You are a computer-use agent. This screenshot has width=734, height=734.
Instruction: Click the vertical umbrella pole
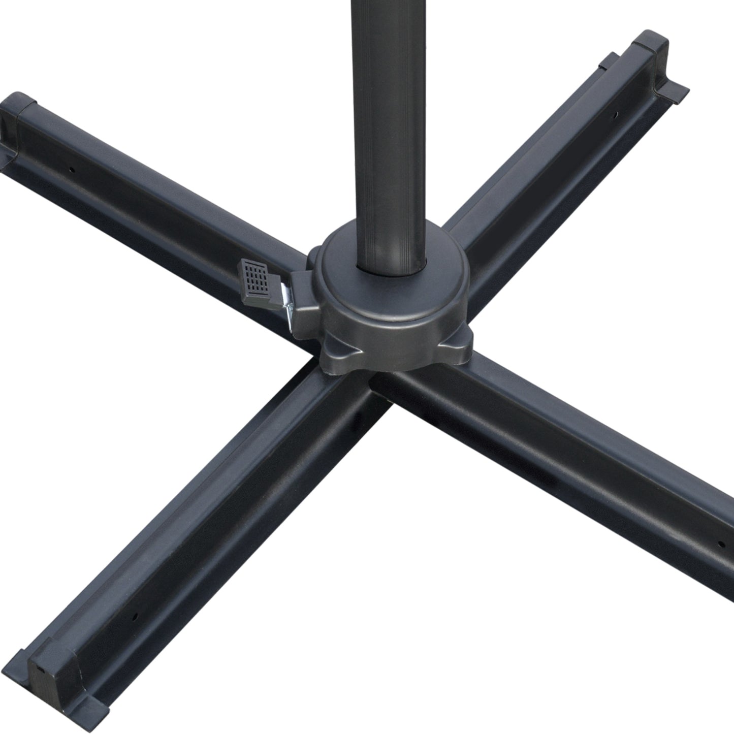pyautogui.click(x=388, y=127)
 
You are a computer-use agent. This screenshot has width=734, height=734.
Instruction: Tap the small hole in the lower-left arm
pyautogui.click(x=136, y=616)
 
